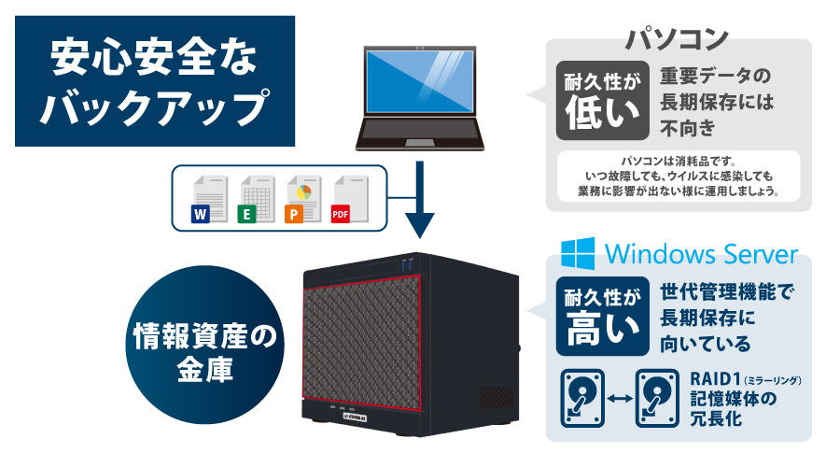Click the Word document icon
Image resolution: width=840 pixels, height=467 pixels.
click(205, 199)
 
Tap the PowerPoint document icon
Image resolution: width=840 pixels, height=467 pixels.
click(299, 199)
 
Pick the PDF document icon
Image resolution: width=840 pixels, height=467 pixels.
click(345, 199)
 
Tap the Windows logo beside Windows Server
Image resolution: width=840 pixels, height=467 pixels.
click(579, 252)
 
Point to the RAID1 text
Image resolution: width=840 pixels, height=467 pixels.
click(716, 379)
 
